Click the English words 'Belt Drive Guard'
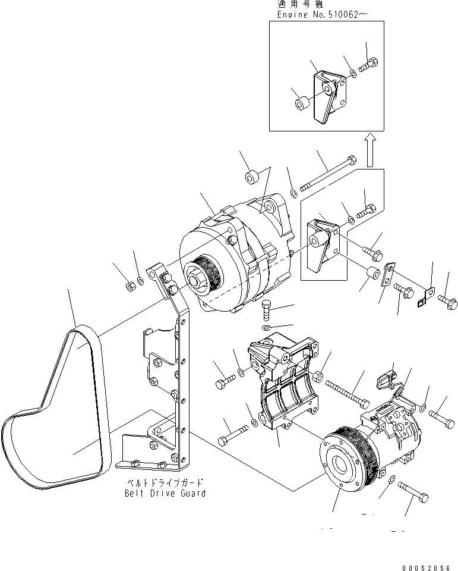tap(165, 493)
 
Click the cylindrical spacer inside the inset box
tap(301, 104)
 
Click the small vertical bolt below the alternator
tap(267, 310)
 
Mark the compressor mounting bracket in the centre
tap(279, 381)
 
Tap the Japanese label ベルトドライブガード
tap(164, 482)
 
